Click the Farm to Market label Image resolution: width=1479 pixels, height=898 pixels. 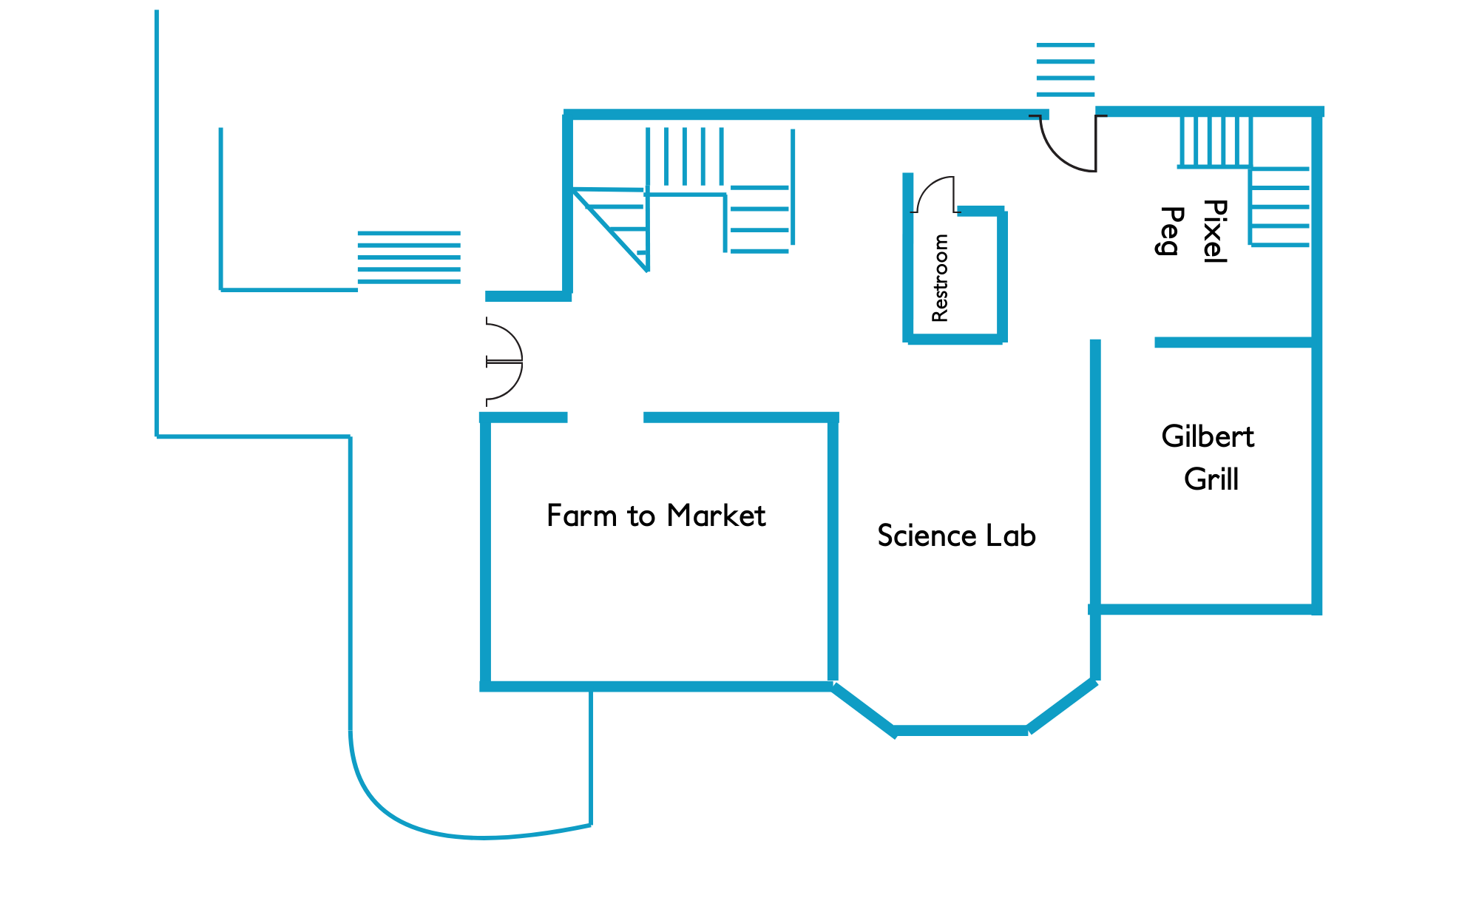[x=656, y=516]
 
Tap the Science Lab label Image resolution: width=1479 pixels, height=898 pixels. [x=956, y=536]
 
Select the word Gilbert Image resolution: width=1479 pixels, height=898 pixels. [x=1208, y=436]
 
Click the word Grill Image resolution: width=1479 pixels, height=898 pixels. [x=1211, y=479]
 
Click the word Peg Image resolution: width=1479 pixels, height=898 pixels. [x=1171, y=231]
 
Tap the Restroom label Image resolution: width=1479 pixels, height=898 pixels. [x=940, y=277]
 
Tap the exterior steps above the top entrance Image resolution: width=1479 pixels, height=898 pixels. [x=1065, y=70]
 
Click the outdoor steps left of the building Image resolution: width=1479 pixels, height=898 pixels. [x=409, y=257]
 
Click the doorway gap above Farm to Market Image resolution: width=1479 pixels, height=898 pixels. [x=605, y=418]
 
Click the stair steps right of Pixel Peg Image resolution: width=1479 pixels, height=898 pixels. [x=1280, y=206]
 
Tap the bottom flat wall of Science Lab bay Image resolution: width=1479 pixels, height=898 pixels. [x=961, y=731]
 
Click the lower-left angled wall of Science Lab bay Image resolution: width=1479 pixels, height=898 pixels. [x=863, y=709]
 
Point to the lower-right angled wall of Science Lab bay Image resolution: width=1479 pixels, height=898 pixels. [x=1062, y=706]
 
